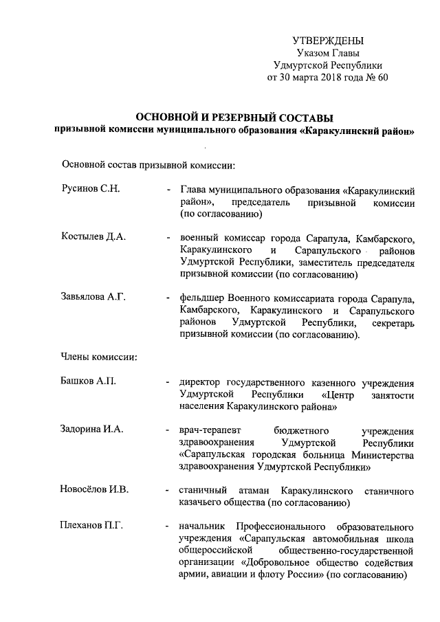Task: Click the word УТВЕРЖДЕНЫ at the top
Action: pyautogui.click(x=328, y=41)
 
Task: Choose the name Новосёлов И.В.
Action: pyautogui.click(x=96, y=489)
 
